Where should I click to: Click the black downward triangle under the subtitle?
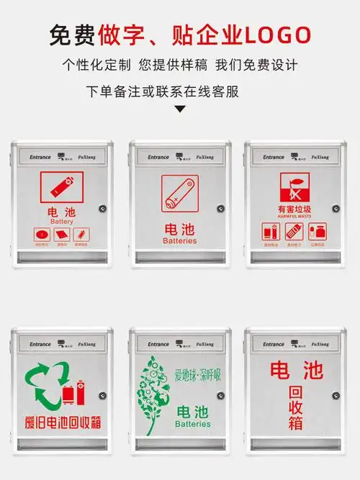click(x=180, y=109)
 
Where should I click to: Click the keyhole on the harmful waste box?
click(x=336, y=209)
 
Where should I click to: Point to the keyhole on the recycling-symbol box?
click(x=103, y=395)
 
